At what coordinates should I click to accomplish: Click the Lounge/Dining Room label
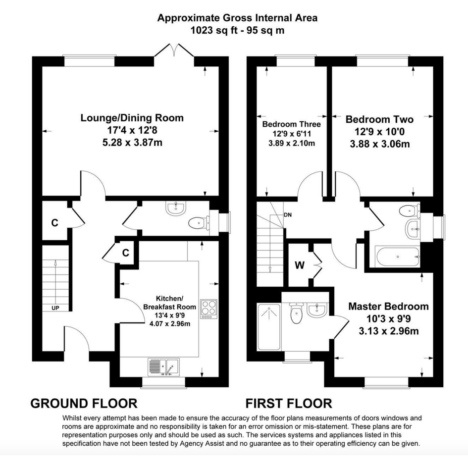coord(132,118)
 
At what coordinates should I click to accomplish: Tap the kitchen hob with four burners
coord(208,309)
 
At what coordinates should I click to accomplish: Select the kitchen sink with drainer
coord(163,367)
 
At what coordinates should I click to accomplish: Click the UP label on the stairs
coord(55,308)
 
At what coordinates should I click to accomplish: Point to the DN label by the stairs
coord(288,215)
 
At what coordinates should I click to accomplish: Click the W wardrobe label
coord(300,265)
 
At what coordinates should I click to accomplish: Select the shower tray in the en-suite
coord(269,327)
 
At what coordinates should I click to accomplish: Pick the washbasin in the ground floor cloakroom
coord(176,208)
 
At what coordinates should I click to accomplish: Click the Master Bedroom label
coord(388,307)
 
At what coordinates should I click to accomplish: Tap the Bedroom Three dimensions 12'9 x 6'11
coord(292,134)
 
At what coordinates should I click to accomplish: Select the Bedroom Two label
coord(379,119)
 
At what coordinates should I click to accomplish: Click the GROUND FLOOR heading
coord(84,404)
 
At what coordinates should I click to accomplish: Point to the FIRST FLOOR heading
coord(289,404)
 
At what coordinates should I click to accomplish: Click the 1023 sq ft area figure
coord(212,30)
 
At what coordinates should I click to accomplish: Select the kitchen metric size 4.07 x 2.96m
coord(170,323)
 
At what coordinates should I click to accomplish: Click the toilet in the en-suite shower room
coord(296,313)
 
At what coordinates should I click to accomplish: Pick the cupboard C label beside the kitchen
coord(126,253)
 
